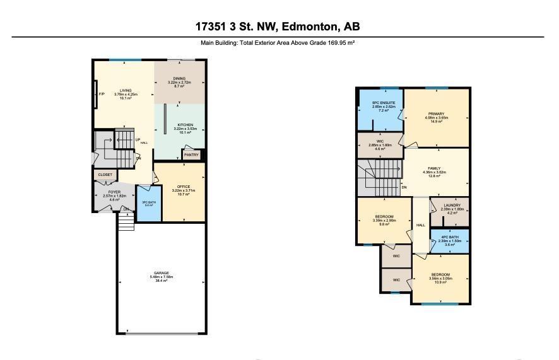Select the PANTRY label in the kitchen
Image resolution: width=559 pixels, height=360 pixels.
point(192,154)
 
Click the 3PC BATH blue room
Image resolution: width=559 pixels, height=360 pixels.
point(149,203)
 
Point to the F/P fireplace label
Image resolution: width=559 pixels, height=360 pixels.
point(102,95)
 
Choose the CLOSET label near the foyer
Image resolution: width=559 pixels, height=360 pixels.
point(105,175)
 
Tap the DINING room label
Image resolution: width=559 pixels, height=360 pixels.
point(180,78)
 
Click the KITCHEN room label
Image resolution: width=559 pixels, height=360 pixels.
point(185,125)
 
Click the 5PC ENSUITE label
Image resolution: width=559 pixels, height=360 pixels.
point(384,102)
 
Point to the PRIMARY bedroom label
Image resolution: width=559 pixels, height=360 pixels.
point(436,113)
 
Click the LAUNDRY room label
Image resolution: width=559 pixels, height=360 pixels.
point(451,205)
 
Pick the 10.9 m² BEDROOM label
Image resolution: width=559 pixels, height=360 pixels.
point(440,275)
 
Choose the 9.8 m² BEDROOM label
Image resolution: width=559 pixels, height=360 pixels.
point(384,216)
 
